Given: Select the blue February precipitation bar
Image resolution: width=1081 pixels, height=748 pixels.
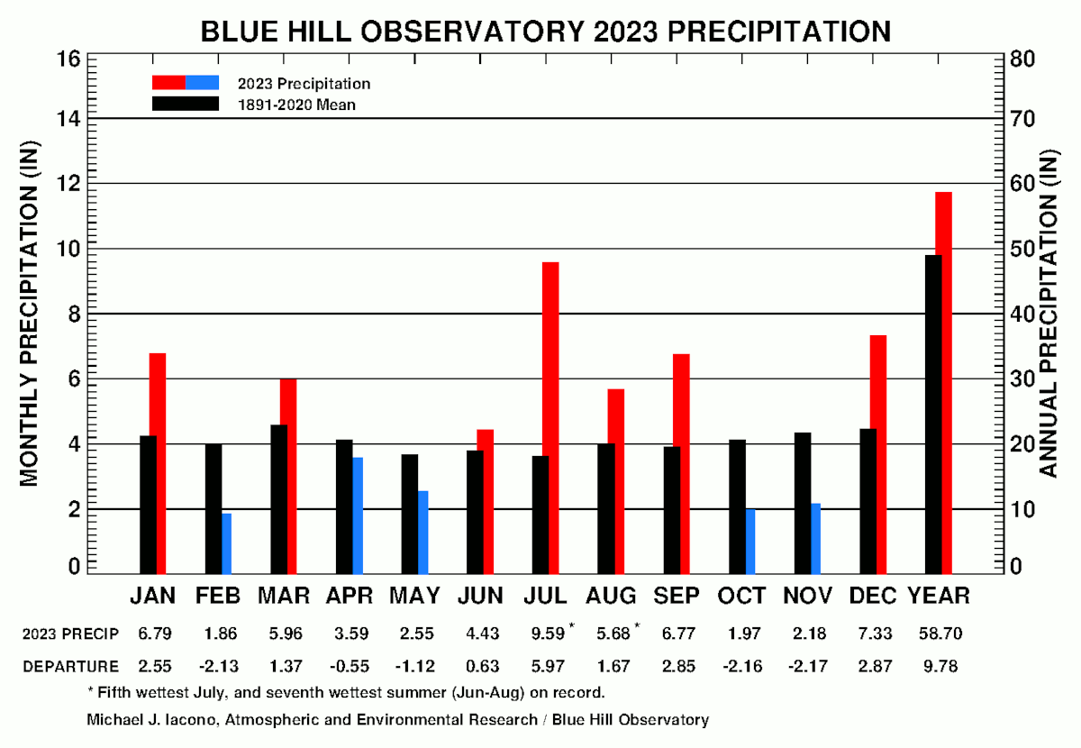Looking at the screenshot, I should point(226,543).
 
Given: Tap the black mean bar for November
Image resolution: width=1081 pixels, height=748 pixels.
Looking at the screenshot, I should point(803,503).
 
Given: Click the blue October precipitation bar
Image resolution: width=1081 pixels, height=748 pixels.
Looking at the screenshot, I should point(749,541).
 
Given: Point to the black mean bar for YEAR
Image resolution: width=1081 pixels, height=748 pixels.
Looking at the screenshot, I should point(933,415).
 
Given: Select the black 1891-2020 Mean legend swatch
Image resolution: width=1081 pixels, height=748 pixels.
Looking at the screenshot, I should point(186,104).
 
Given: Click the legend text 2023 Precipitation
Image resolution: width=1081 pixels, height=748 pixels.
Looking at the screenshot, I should point(304,84).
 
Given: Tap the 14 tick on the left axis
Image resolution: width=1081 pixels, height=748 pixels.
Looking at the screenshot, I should point(70,119).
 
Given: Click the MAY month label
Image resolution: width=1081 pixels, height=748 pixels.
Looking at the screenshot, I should point(414,596).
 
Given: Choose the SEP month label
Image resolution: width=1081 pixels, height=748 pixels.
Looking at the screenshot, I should point(676,596).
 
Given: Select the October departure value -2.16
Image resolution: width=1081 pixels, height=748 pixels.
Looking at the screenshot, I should point(741,667).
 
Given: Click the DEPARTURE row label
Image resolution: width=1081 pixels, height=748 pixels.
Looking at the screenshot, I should point(71,667).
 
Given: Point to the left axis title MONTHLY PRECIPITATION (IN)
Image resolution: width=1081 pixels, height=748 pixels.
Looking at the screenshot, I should point(30,314).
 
